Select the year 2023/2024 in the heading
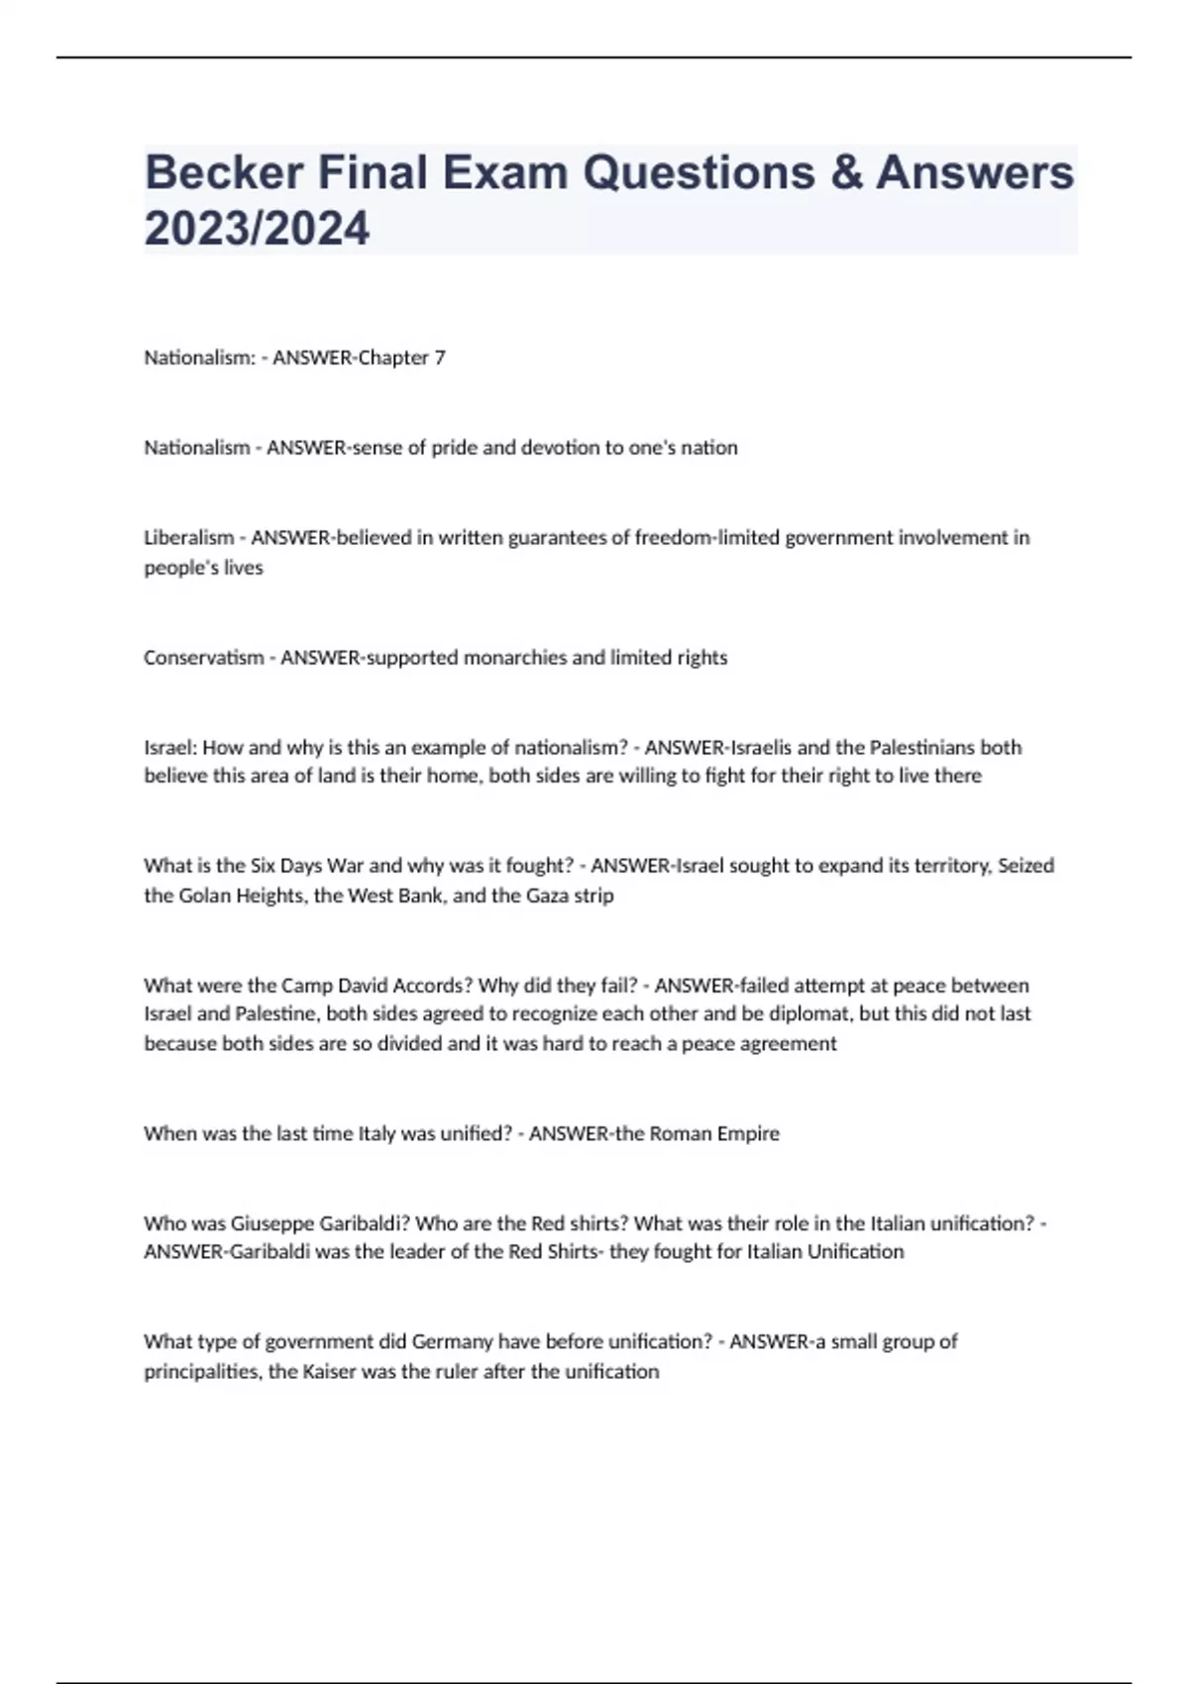click(257, 229)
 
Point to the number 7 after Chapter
click(440, 358)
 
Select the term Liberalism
click(189, 538)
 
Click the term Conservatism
click(203, 658)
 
